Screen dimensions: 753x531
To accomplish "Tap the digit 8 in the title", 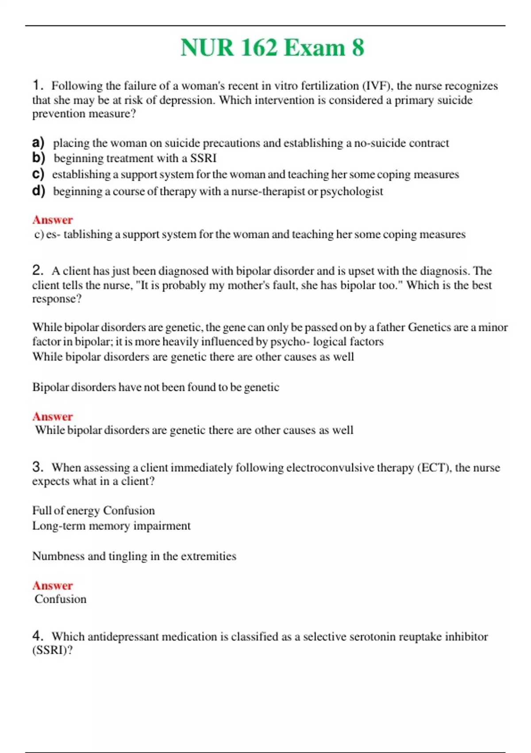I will pos(358,48).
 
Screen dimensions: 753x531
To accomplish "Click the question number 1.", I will pos(37,85).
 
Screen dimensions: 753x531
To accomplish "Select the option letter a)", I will pos(38,142).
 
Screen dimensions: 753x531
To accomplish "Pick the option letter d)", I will pos(38,190).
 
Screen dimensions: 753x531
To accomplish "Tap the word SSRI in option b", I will pos(203,158).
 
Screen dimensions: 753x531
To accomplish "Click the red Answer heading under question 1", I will pos(52,220).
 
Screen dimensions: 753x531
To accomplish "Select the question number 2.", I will pos(37,270).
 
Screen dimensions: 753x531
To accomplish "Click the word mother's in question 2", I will pos(245,285).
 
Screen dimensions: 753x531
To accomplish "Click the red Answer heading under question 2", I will pos(52,416).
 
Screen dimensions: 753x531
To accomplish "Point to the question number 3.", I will pos(37,466).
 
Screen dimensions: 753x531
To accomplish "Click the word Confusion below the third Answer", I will pos(61,599).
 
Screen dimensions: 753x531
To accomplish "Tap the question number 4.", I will pos(37,636).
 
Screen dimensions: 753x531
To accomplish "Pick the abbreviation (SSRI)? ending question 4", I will pos(52,650).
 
